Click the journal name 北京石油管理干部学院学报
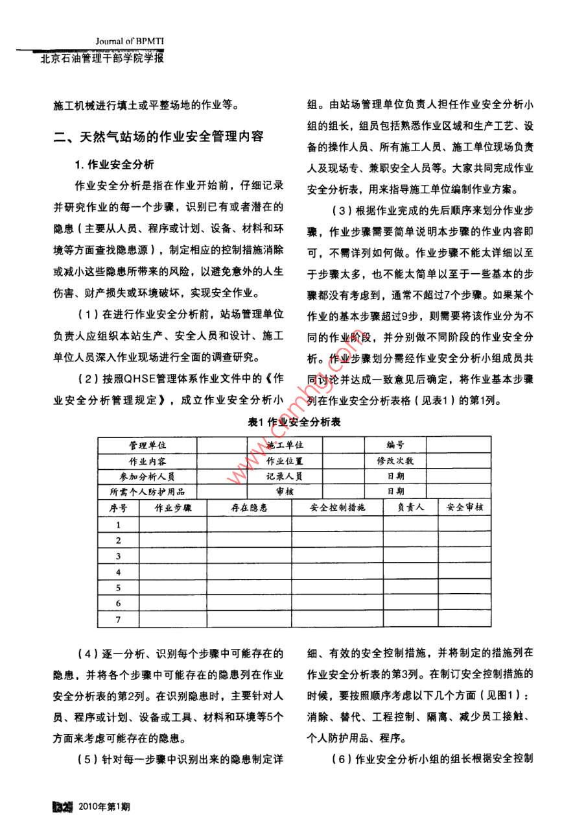[x=102, y=58]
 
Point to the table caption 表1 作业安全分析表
[x=294, y=422]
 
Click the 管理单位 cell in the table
[x=147, y=445]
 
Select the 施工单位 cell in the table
[x=285, y=445]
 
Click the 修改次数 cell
[x=395, y=461]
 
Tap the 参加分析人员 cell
[x=147, y=476]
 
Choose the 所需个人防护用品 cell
[x=147, y=491]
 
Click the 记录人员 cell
[x=285, y=476]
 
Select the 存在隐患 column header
[x=249, y=507]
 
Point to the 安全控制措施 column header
[x=338, y=507]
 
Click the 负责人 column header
[x=411, y=507]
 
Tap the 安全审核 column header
[x=465, y=507]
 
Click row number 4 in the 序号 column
[x=119, y=572]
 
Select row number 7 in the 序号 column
[x=119, y=620]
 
